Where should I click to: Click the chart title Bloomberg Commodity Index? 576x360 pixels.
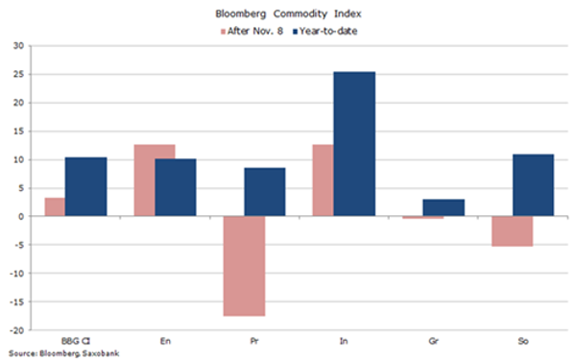coord(288,14)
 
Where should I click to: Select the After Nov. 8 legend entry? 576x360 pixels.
coord(252,32)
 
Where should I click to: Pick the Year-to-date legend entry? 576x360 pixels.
coord(324,32)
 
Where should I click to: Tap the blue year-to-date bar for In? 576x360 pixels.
coord(354,144)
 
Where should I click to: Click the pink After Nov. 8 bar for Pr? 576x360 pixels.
coord(244,266)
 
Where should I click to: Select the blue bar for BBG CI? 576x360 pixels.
coord(86,186)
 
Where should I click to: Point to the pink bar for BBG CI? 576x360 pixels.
coord(55,206)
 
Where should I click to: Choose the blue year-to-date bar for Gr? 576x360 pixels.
coord(444,207)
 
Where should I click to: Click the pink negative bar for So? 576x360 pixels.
coord(512,231)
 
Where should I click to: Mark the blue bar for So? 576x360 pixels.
coord(533,185)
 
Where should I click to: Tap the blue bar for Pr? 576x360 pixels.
coord(265,192)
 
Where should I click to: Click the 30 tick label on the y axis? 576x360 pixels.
coord(18,45)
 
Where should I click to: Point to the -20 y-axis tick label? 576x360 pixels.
coord(16,330)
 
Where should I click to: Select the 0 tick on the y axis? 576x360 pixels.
coord(21,216)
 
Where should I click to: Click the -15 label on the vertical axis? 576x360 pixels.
coord(16,302)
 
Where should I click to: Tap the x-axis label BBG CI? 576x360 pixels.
coord(76,341)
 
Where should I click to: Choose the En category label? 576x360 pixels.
coord(165,341)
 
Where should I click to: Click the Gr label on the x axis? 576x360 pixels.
coord(434,341)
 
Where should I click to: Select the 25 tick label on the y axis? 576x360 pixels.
coord(18,74)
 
